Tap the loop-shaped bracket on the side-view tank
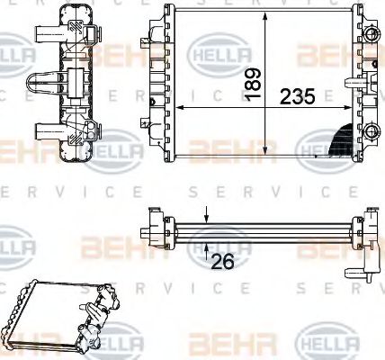(x=41, y=83)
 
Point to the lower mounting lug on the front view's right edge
(x=369, y=126)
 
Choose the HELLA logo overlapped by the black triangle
(x=324, y=144)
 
